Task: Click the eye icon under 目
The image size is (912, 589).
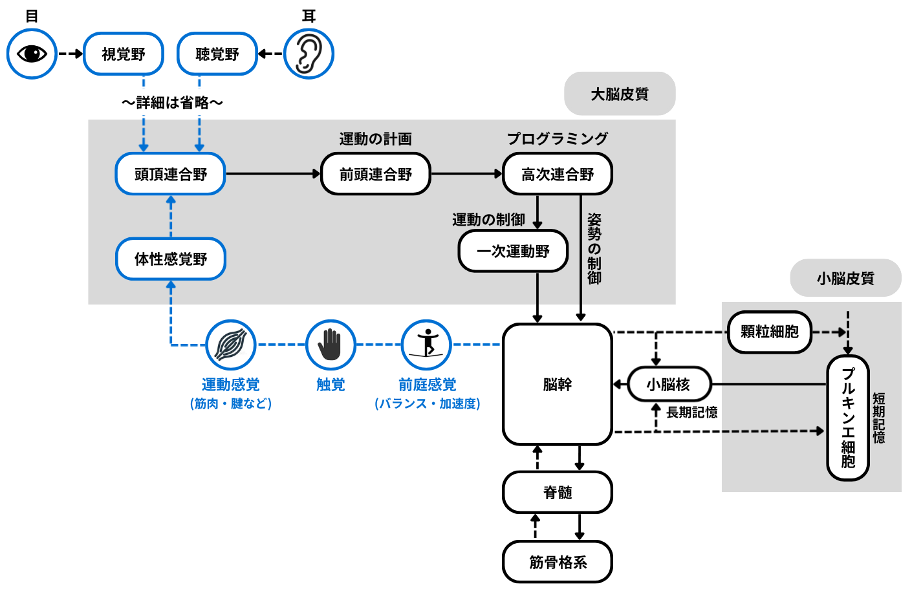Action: (x=32, y=54)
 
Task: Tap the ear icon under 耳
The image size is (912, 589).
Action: (x=309, y=54)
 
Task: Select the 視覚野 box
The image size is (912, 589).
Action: (x=124, y=54)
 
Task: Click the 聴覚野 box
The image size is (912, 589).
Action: (x=217, y=54)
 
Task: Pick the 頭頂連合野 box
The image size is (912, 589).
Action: (x=171, y=174)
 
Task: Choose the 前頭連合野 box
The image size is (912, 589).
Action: (x=376, y=174)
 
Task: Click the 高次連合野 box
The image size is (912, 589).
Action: (x=558, y=174)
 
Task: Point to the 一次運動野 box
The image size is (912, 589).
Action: (x=513, y=251)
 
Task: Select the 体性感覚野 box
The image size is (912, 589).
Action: (x=171, y=259)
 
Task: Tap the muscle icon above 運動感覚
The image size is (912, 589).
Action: (x=231, y=345)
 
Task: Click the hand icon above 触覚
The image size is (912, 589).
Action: (x=331, y=345)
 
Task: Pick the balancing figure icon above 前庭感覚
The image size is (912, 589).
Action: (x=427, y=345)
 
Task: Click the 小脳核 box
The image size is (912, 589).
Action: (x=669, y=384)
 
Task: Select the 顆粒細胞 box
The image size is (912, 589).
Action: (x=770, y=332)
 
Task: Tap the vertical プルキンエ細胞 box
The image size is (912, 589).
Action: (x=848, y=418)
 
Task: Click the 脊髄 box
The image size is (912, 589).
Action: (x=558, y=492)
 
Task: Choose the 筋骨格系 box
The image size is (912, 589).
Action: (x=558, y=562)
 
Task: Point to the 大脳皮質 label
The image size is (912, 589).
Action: (x=620, y=94)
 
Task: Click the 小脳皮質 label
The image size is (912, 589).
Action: (x=845, y=278)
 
